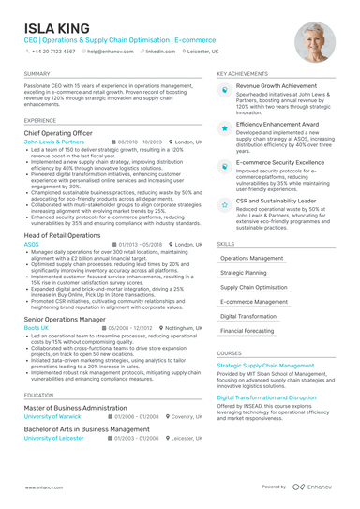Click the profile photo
[314, 42]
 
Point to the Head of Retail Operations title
[62, 235]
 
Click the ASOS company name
[31, 244]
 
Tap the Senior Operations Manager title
[65, 320]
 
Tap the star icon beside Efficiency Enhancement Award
[225, 127]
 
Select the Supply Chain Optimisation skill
[254, 287]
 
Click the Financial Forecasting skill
[247, 331]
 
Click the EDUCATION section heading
[38, 396]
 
